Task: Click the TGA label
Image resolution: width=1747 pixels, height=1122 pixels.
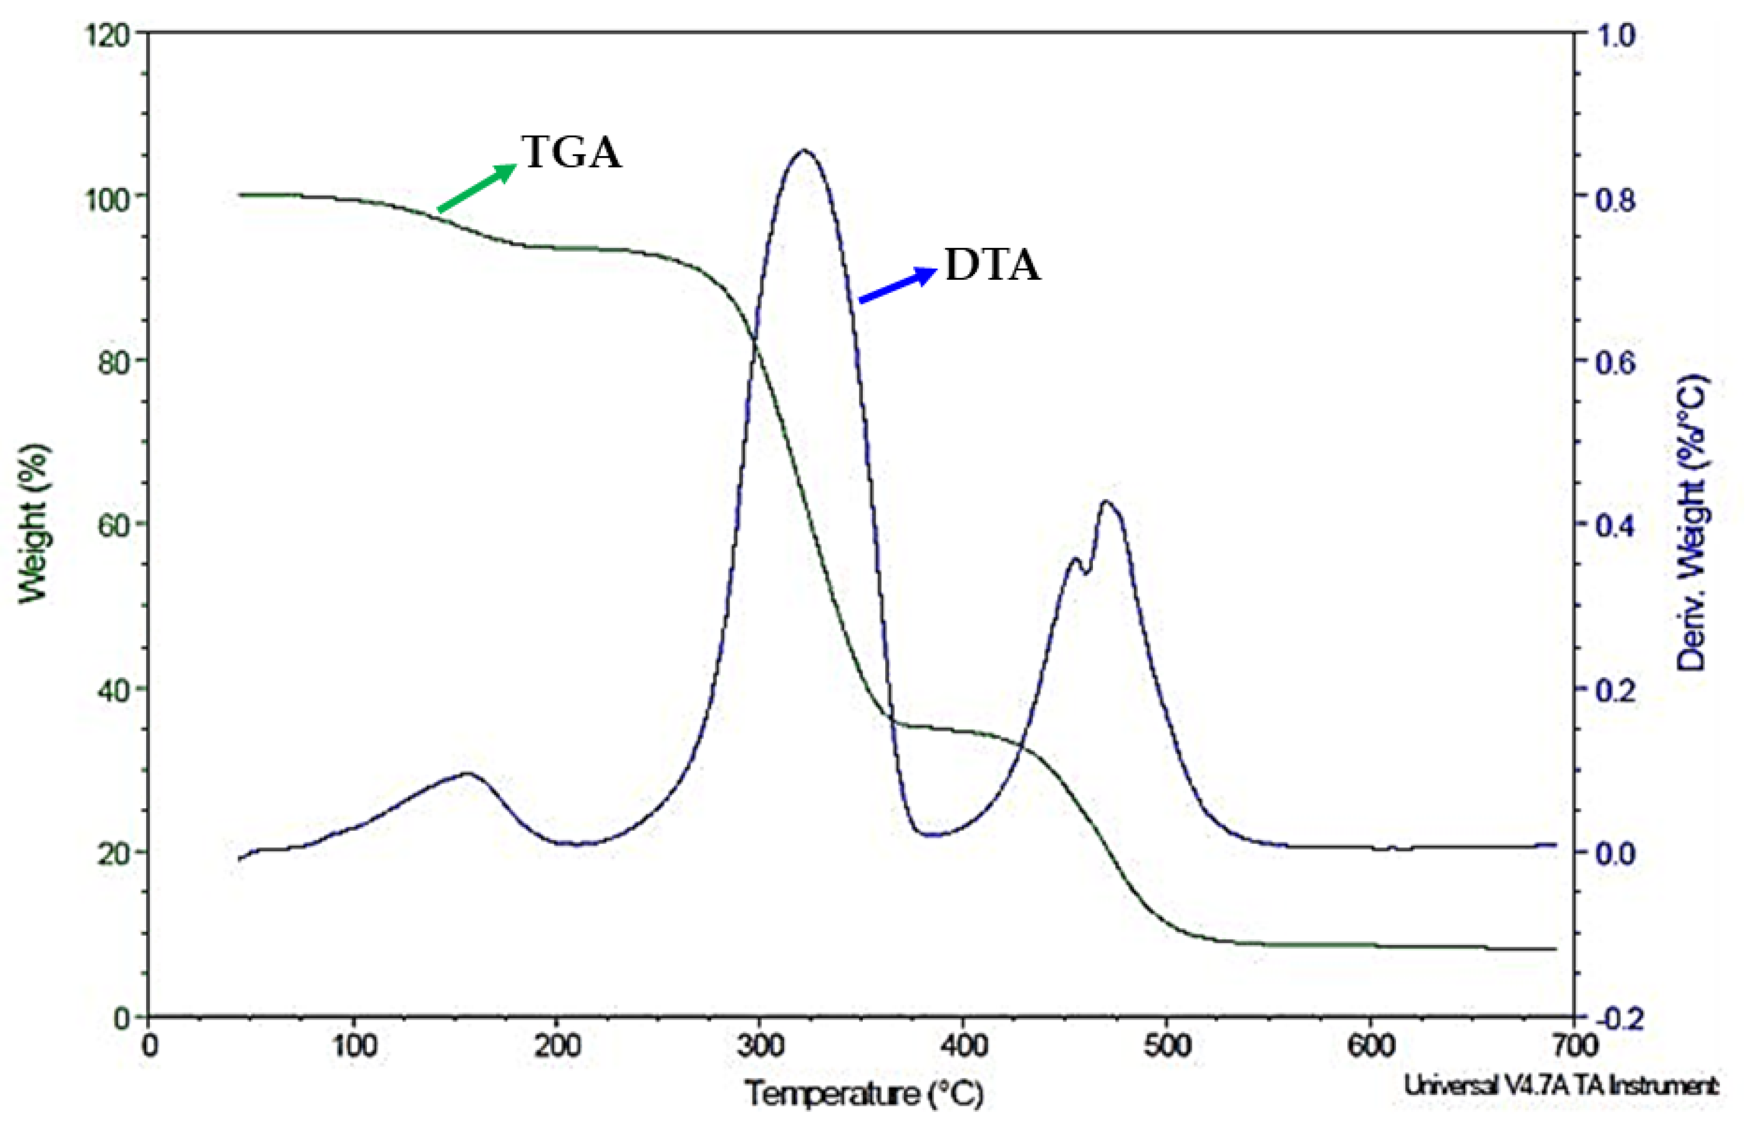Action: (572, 153)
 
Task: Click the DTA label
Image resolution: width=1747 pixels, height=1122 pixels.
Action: (992, 265)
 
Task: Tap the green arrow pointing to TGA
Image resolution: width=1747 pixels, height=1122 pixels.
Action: (477, 188)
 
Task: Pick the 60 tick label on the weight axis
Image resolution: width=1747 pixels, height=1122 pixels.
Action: (113, 525)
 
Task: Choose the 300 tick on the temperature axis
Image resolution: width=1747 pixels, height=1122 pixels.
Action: (760, 1047)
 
